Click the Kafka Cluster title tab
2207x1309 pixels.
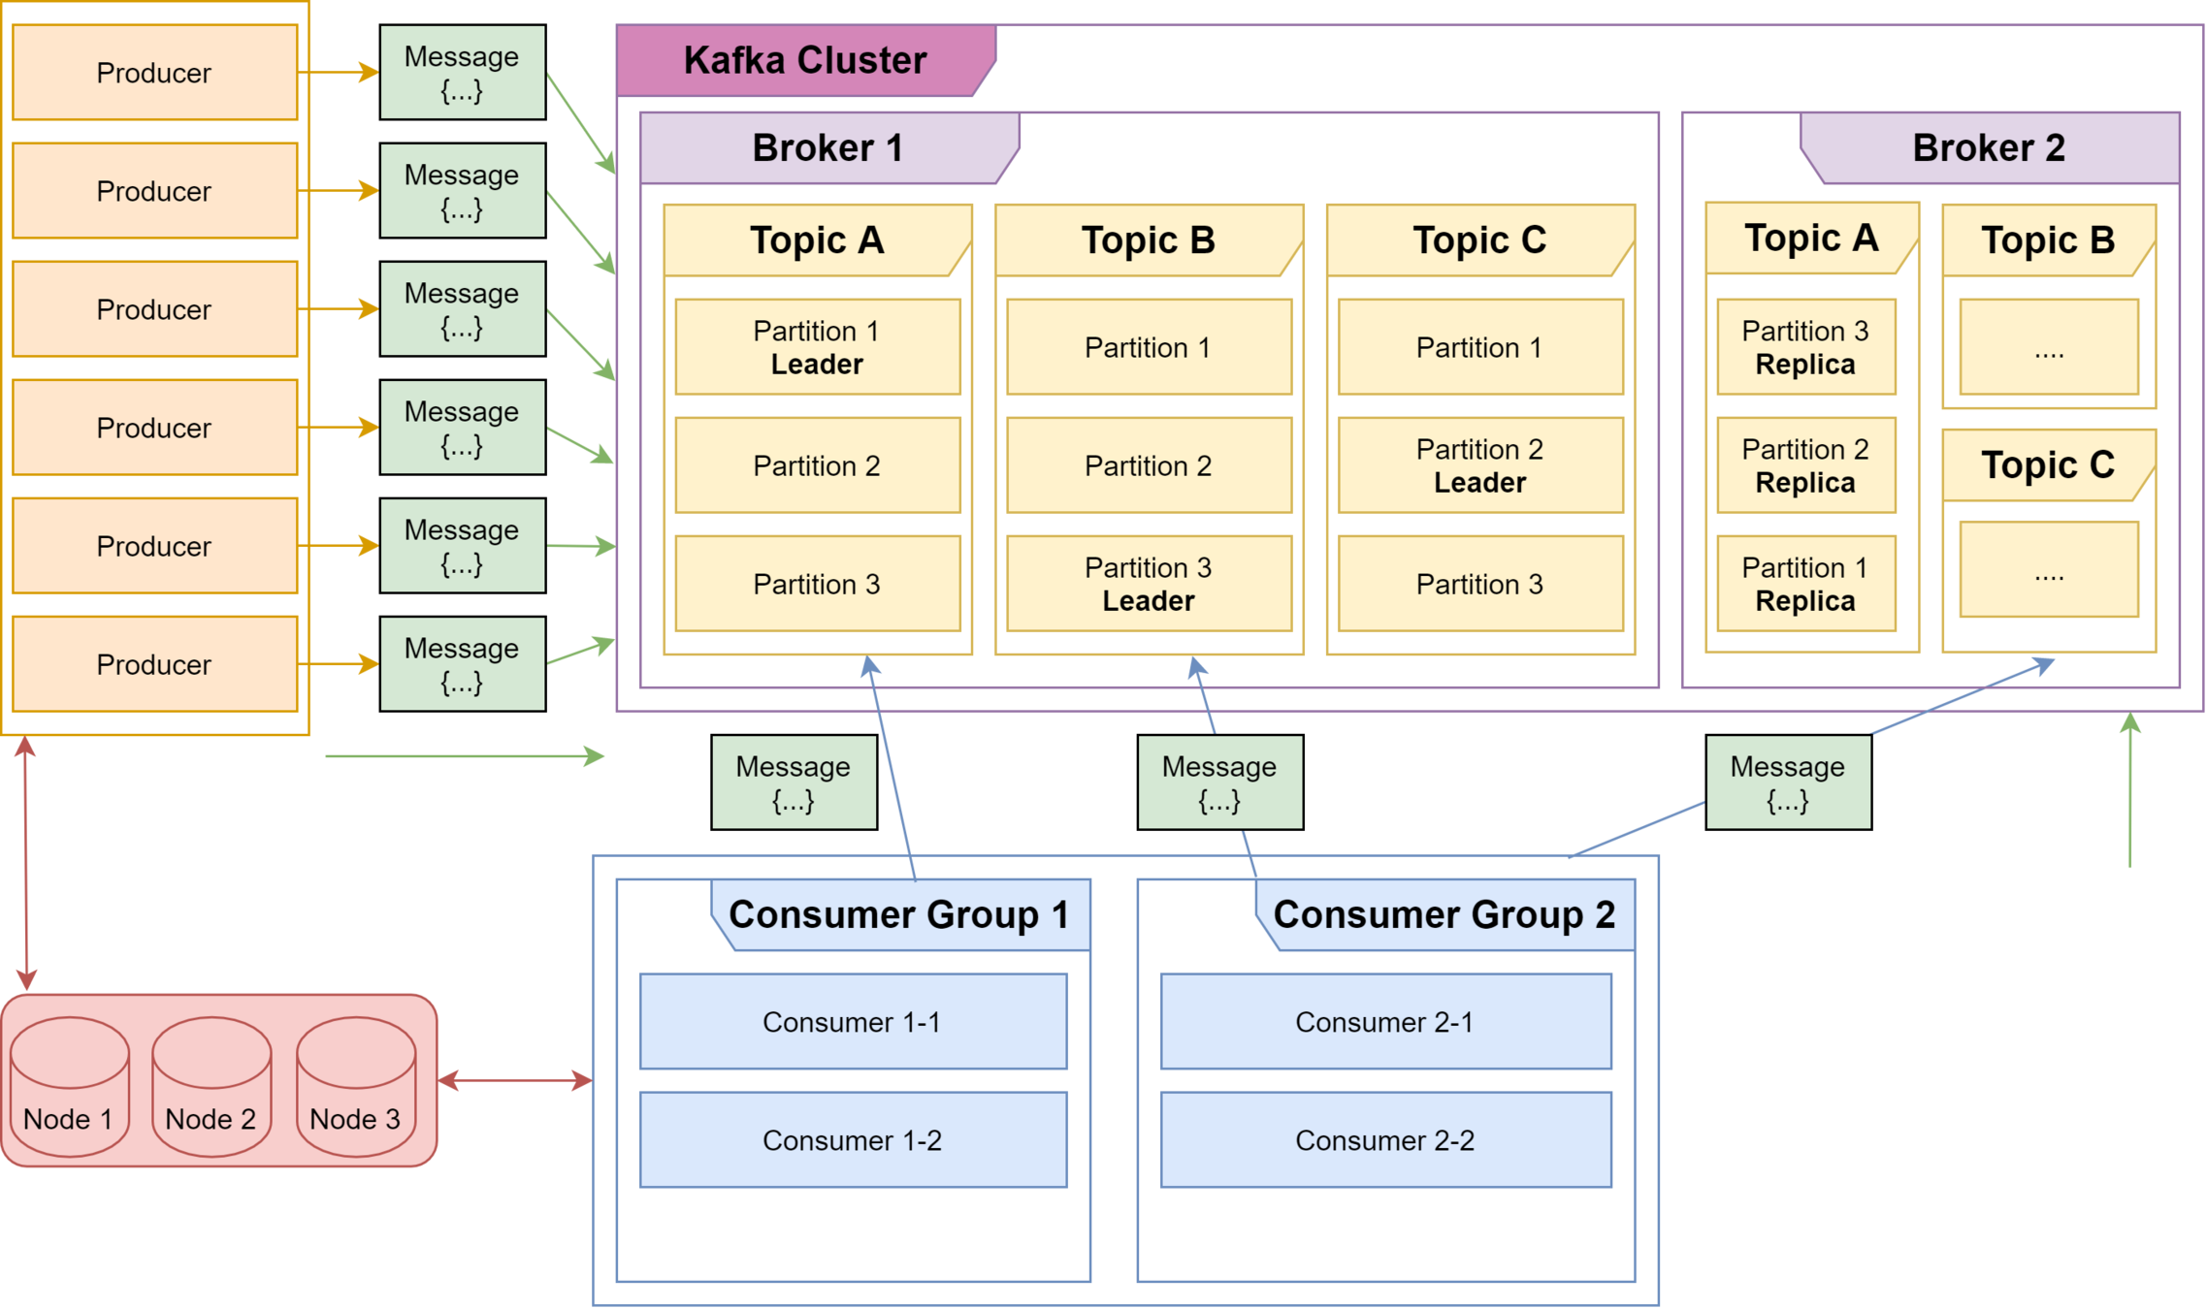click(x=805, y=60)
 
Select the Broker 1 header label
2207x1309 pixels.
click(x=828, y=148)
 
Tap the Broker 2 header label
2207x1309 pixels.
click(x=1988, y=148)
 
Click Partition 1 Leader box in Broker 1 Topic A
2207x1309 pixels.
click(x=817, y=347)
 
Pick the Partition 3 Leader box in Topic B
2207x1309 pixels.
click(x=1149, y=584)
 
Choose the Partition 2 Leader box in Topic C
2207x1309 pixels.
click(x=1479, y=465)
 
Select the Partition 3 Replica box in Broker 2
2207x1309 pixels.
click(x=1805, y=347)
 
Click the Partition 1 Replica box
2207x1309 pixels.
click(x=1805, y=584)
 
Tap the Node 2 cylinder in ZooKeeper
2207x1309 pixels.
click(x=211, y=1088)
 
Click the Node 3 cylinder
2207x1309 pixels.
click(x=355, y=1088)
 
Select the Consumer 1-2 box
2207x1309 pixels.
click(x=852, y=1140)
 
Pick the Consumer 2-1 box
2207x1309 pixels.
click(x=1384, y=1022)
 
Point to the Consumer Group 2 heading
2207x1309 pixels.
click(x=1444, y=914)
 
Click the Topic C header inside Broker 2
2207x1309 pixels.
click(x=2047, y=465)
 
